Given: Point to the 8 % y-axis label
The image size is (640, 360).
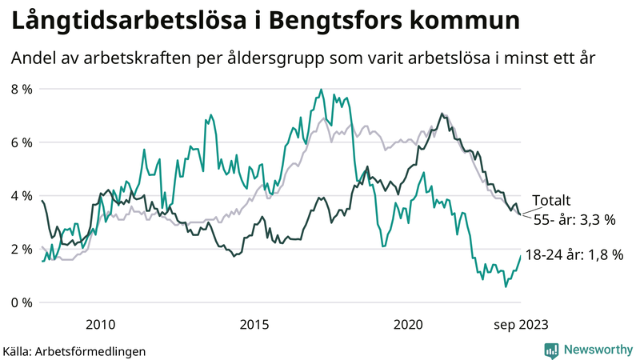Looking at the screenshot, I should [21, 89].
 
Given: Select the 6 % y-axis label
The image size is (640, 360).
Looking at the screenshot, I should [21, 142].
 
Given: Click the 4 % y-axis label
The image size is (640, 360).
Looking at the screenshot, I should [21, 196].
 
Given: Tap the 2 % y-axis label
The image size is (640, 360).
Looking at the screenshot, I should [21, 250].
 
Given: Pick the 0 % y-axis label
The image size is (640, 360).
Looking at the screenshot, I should [21, 303].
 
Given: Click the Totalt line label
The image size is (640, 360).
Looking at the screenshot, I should [552, 202].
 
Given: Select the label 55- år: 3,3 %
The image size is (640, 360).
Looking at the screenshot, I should [574, 219].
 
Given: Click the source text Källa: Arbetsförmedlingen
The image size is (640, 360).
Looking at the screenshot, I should [74, 350].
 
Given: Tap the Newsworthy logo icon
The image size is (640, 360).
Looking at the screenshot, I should [551, 350].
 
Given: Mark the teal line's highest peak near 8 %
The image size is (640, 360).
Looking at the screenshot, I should [321, 90].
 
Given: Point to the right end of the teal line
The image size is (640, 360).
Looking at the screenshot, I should [521, 255].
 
